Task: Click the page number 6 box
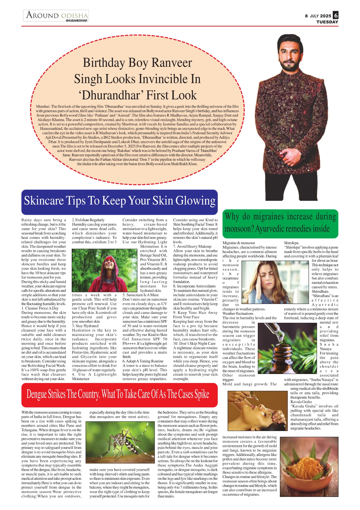click(x=336, y=15)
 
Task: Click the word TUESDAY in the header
click(x=327, y=22)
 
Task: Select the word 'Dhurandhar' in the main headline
click(x=138, y=95)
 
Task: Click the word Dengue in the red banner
click(x=37, y=394)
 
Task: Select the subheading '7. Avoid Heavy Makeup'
click(x=192, y=246)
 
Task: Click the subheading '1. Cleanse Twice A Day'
click(x=40, y=308)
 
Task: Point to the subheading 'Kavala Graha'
click(x=301, y=402)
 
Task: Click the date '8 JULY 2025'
click(x=318, y=16)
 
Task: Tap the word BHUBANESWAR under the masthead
click(x=77, y=21)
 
